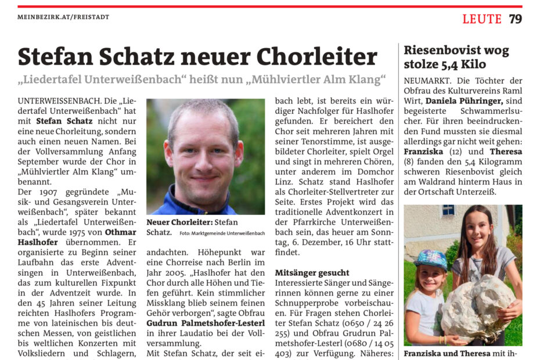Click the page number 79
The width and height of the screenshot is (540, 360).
(x=515, y=19)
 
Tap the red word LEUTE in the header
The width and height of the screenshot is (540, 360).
(x=481, y=19)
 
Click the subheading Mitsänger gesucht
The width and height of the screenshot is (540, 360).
(x=312, y=272)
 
